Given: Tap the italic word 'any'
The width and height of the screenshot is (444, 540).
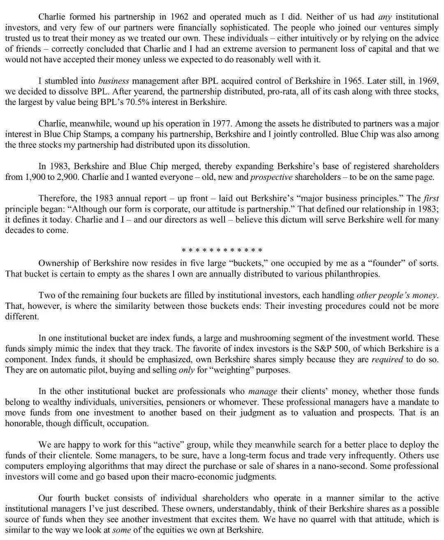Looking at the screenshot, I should pos(384,17).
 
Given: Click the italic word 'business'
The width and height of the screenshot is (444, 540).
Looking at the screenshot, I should pos(114,80).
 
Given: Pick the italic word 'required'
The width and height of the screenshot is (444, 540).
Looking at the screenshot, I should pos(387,359).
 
